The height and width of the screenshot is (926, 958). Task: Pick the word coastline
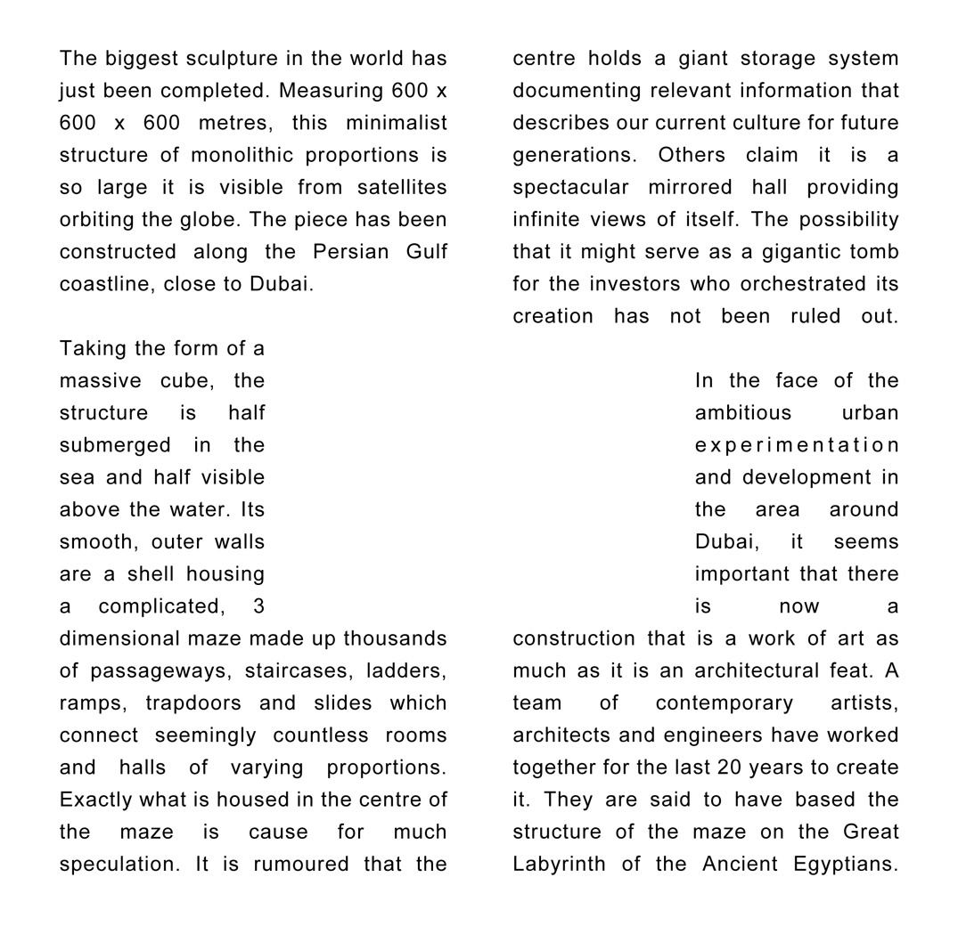click(103, 284)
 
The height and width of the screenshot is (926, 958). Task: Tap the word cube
click(186, 380)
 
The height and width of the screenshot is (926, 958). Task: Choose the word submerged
click(115, 445)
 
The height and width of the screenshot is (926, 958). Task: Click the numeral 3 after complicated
click(258, 606)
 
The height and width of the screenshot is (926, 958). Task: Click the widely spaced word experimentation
click(797, 445)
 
